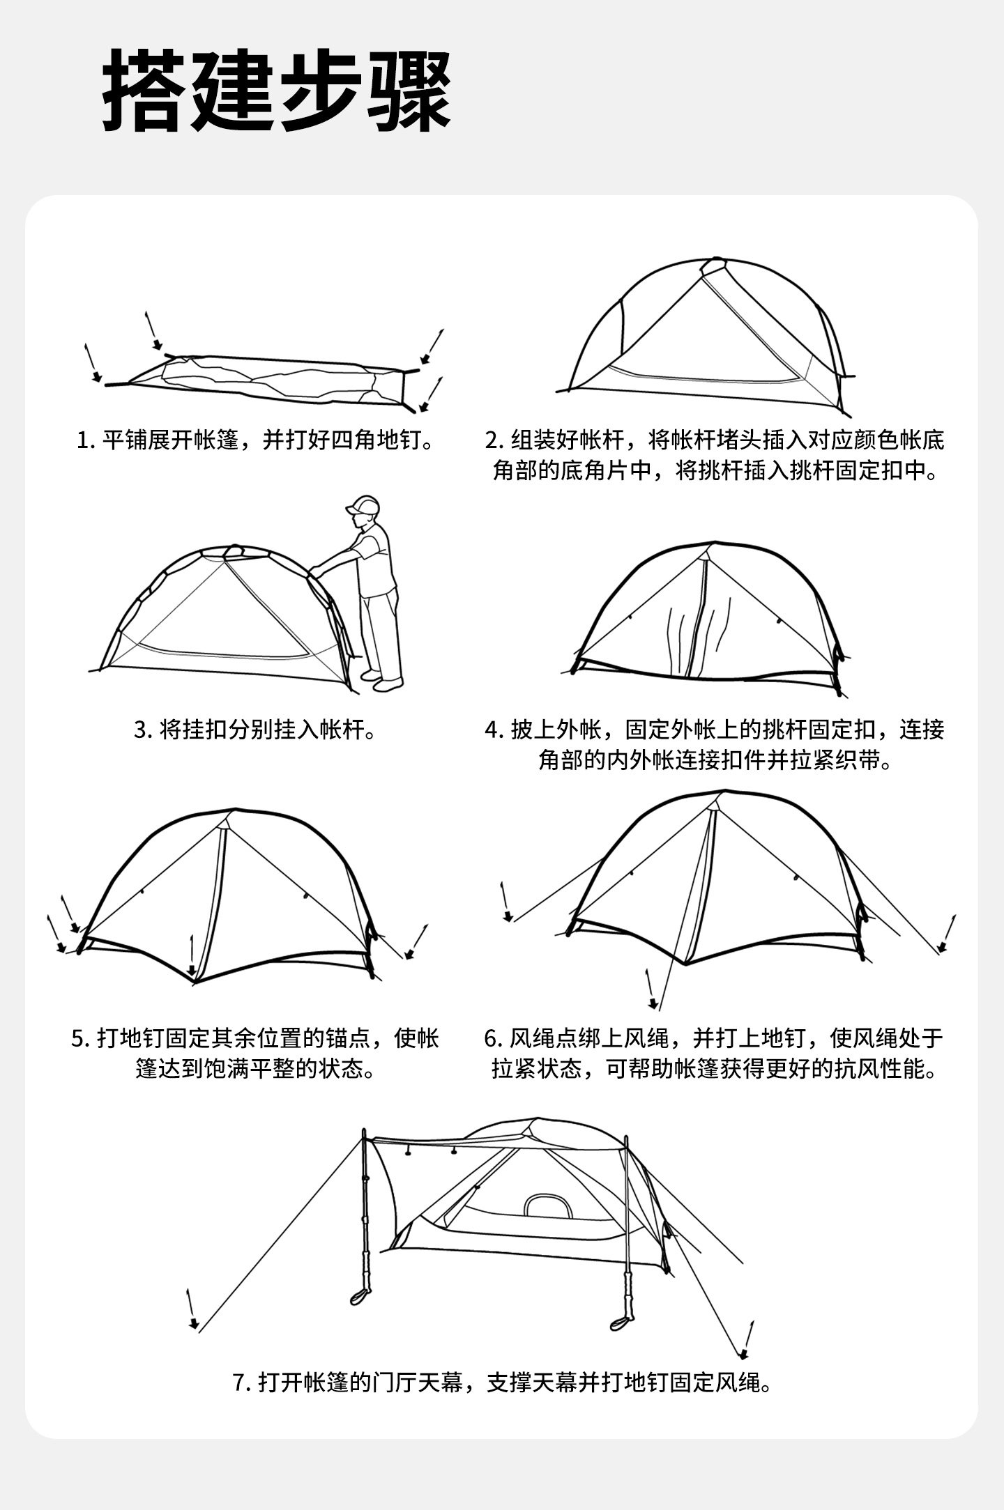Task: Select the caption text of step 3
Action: pos(255,730)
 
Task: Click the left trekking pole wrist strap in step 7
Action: pos(360,1295)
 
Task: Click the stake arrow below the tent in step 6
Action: pos(651,989)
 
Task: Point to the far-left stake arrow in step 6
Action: pos(506,902)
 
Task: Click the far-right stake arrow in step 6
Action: pos(947,933)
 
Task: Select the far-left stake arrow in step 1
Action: pos(91,362)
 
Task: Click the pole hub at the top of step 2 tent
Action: pos(713,265)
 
